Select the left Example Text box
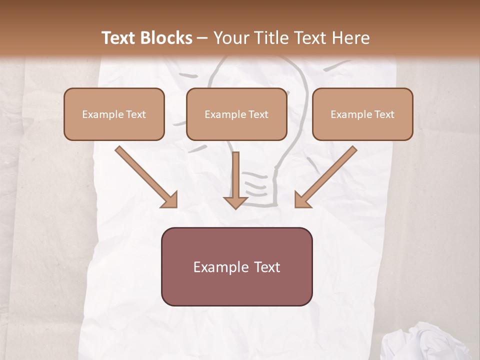click(114, 114)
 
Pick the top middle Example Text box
click(236, 114)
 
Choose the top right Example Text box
click(362, 114)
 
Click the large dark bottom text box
click(237, 267)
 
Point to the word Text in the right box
click(384, 114)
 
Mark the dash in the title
click(202, 38)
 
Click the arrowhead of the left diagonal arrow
click(170, 200)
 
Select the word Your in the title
click(230, 38)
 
